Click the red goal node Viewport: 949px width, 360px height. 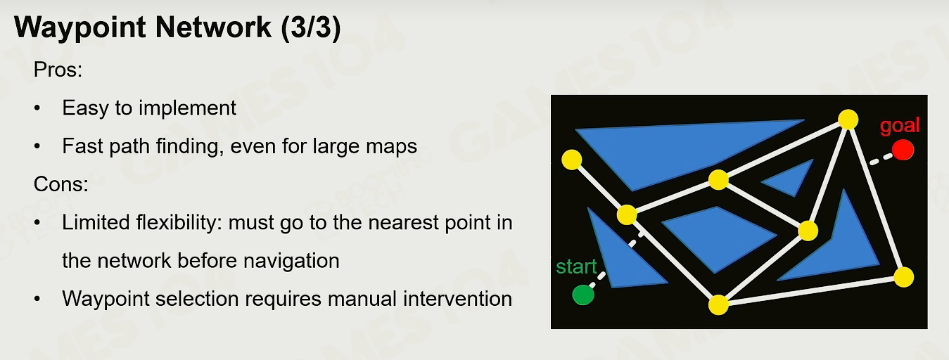click(903, 150)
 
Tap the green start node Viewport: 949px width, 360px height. click(583, 295)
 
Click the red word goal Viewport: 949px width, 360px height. click(900, 125)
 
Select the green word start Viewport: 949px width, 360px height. click(576, 266)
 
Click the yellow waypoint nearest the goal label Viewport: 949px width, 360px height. click(848, 120)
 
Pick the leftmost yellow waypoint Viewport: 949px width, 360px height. click(571, 160)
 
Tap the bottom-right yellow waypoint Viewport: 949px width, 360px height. click(904, 278)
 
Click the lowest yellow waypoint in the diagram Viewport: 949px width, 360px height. click(718, 304)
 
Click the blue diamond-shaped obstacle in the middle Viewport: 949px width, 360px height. click(718, 238)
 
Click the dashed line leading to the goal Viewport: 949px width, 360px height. click(881, 159)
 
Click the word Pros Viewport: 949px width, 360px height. click(58, 70)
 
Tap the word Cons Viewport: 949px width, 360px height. click(61, 184)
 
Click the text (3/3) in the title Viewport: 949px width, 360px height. click(310, 27)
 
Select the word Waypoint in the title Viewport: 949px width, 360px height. click(80, 28)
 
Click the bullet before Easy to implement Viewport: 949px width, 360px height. click(37, 108)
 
